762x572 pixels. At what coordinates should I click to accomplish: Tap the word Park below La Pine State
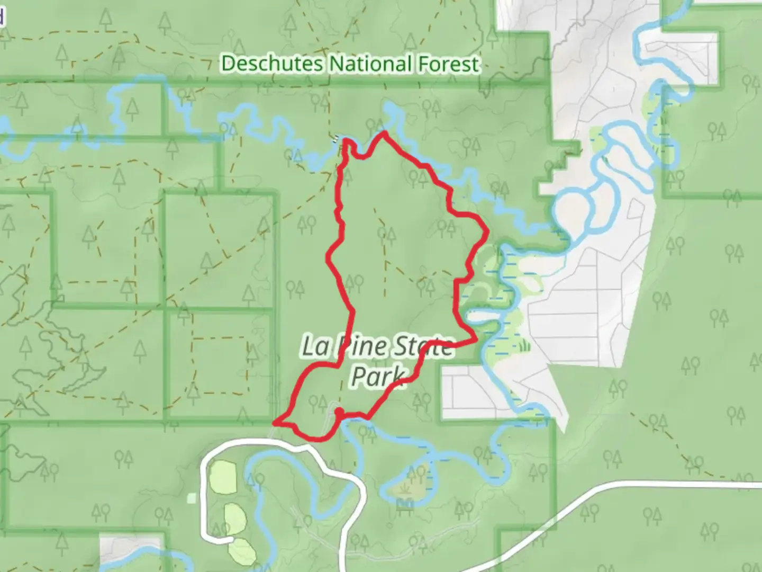coord(378,376)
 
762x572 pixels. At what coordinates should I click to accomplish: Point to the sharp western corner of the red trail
coord(275,423)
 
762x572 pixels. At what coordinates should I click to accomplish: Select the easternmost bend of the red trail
coord(486,231)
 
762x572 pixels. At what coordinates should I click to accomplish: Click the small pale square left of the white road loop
coord(192,497)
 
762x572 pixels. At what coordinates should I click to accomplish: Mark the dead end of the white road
coord(231,539)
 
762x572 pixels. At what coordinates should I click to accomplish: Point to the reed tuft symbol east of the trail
coord(524,346)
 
